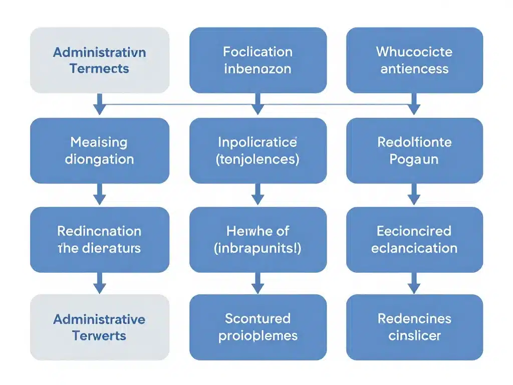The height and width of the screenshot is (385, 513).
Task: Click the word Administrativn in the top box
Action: (x=100, y=52)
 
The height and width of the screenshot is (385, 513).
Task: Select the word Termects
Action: (x=100, y=69)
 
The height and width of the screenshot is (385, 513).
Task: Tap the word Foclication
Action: (x=258, y=52)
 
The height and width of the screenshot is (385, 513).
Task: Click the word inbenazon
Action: (x=258, y=69)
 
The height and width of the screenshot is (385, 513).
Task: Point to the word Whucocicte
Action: (x=414, y=52)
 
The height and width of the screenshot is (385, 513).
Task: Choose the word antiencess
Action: (x=414, y=69)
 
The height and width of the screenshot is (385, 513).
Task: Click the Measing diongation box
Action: (x=100, y=150)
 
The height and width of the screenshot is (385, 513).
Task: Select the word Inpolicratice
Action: (x=258, y=142)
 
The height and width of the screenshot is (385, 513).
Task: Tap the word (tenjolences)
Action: (x=258, y=159)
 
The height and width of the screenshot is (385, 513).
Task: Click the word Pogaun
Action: (x=414, y=159)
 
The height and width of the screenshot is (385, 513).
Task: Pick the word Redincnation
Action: (x=99, y=231)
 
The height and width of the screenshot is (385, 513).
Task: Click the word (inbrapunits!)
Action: (x=258, y=248)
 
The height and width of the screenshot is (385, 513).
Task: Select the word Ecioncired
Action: (x=414, y=231)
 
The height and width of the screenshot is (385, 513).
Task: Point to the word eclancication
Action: (x=414, y=248)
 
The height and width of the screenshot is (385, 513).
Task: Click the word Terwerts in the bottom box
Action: (x=100, y=336)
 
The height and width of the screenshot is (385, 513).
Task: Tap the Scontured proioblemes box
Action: (x=258, y=327)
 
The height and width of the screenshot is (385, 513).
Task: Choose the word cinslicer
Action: (x=414, y=336)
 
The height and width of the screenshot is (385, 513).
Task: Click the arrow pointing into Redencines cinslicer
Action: (x=414, y=284)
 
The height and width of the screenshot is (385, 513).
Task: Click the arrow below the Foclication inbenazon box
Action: (x=258, y=104)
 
